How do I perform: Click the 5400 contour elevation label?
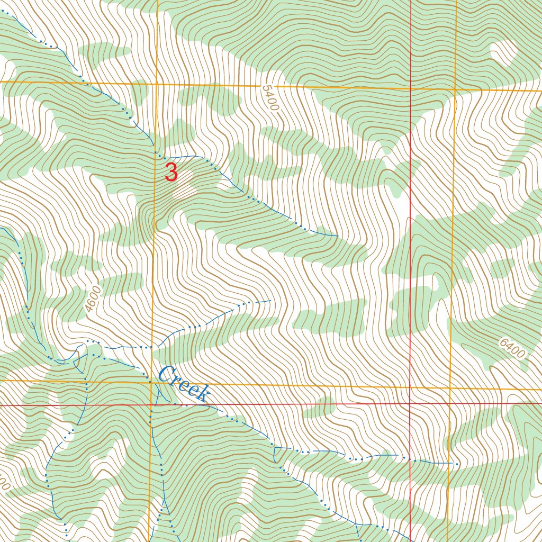269,98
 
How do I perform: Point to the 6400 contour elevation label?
512,348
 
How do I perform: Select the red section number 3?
171,173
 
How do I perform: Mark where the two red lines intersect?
410,404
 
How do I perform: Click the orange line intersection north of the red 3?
157,84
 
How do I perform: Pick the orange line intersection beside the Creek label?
152,381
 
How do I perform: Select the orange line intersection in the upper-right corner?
456,89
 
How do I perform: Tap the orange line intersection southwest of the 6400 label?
450,389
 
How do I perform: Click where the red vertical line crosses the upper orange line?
411,88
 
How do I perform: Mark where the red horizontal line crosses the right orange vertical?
449,403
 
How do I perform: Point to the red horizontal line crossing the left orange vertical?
152,405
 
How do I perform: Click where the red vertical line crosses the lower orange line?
410,387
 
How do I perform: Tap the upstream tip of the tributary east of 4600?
270,301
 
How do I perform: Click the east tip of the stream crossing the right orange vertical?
457,464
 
